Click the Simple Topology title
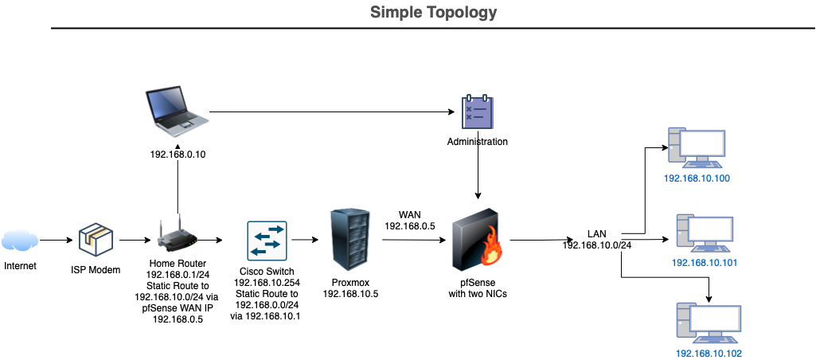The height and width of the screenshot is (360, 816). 433,13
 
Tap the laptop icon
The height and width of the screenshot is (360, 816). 177,111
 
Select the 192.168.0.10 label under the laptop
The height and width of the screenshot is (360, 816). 178,155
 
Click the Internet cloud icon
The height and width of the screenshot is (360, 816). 20,239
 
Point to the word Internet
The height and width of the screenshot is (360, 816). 20,265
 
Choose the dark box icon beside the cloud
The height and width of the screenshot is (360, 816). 96,239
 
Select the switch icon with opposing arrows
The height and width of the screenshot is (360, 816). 267,241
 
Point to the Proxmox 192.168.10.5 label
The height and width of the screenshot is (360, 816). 350,288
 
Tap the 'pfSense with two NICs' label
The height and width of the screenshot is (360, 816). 478,288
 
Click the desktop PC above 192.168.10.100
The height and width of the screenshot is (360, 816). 697,149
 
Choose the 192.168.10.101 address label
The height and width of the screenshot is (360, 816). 703,262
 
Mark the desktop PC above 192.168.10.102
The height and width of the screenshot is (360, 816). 707,323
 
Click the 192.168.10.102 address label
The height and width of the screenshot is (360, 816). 709,353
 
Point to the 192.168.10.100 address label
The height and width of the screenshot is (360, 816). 697,178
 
